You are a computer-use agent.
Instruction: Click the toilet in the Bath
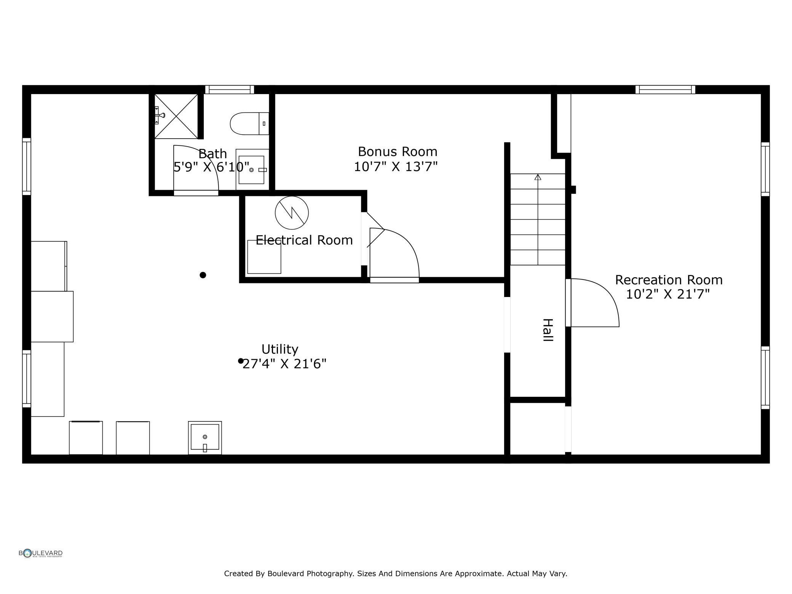[249, 123]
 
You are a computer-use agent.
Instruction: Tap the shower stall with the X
[176, 116]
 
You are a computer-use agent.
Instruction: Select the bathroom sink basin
[251, 170]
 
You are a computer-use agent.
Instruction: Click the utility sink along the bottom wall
[205, 438]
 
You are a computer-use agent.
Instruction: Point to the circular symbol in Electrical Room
[292, 213]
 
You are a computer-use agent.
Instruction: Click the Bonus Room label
[398, 152]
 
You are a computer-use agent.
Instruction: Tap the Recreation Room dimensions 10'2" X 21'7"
[668, 294]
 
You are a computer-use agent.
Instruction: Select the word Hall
[548, 330]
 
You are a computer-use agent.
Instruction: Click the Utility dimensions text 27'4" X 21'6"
[284, 364]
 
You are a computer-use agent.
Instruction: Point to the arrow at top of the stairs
[538, 177]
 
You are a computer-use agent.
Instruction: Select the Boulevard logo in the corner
[41, 553]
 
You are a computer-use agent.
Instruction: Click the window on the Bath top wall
[230, 89]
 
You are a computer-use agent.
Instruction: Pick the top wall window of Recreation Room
[665, 89]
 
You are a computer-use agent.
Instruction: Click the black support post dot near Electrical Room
[203, 275]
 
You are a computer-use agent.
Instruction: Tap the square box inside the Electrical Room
[264, 257]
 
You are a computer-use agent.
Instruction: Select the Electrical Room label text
[304, 240]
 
